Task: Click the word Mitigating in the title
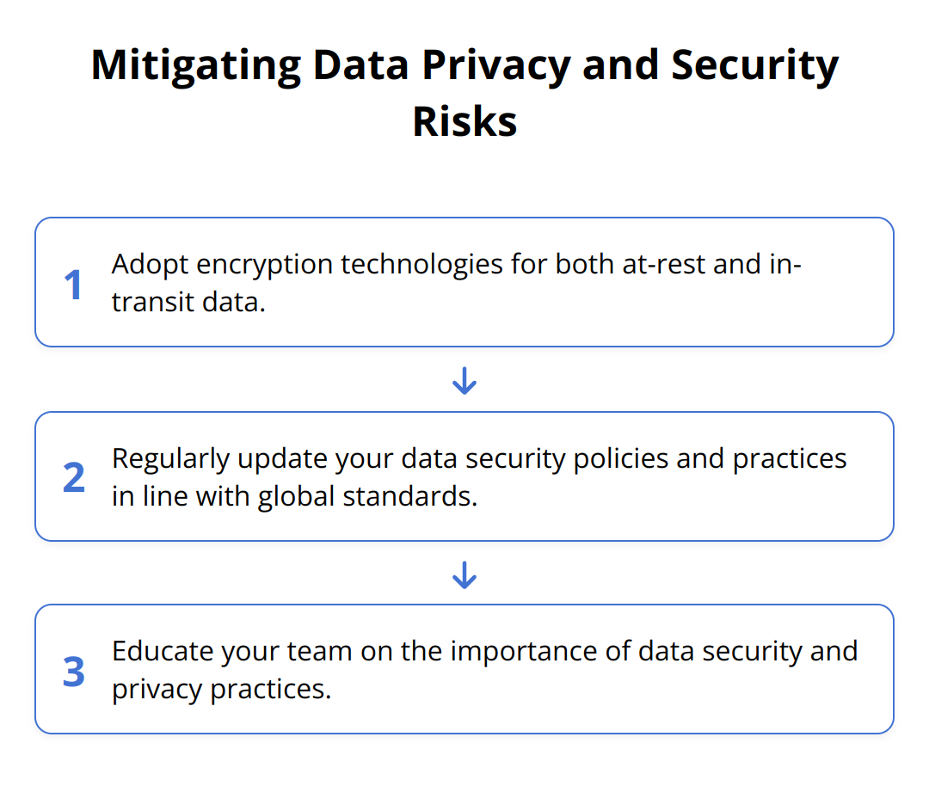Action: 196,66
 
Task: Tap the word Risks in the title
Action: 464,121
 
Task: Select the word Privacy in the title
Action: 496,66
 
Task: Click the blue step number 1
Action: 73,285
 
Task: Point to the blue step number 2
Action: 74,477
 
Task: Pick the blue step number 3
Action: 74,672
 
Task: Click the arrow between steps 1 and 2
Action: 464,380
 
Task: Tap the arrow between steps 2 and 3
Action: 464,574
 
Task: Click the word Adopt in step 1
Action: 150,265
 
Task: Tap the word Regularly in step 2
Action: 170,459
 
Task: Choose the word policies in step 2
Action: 621,459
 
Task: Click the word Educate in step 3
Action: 163,652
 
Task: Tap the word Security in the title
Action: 755,66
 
